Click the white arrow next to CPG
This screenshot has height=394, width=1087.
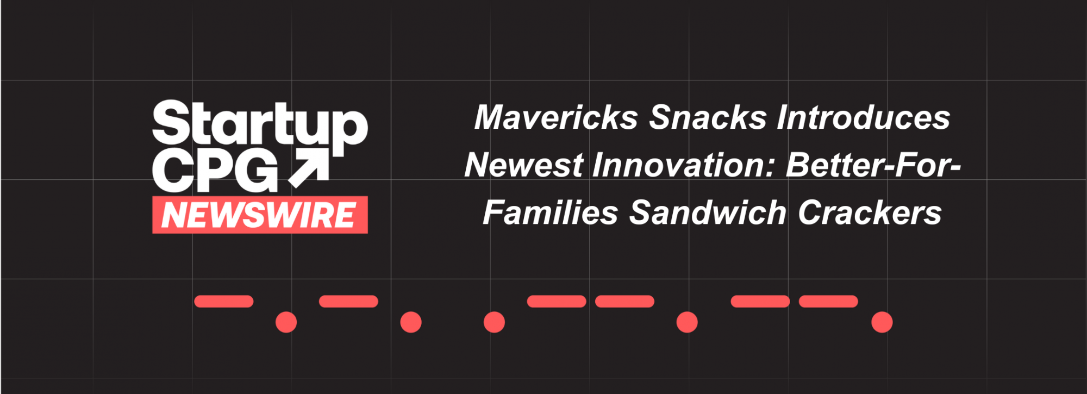pyautogui.click(x=309, y=168)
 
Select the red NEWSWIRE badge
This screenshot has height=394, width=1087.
pyautogui.click(x=260, y=215)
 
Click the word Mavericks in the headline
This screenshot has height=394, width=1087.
pyautogui.click(x=556, y=117)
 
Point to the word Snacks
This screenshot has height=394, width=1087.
pyautogui.click(x=708, y=117)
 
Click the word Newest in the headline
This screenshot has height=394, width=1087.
pyautogui.click(x=524, y=165)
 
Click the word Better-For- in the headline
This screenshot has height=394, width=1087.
pyautogui.click(x=873, y=165)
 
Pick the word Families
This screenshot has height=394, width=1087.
pyautogui.click(x=551, y=212)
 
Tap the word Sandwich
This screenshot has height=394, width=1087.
pyautogui.click(x=708, y=212)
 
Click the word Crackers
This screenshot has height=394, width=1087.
pyautogui.click(x=870, y=212)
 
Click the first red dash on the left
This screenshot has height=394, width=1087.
pyautogui.click(x=224, y=302)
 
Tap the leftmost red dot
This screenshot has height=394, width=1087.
pyautogui.click(x=286, y=322)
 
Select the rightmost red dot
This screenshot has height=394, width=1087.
pyautogui.click(x=882, y=322)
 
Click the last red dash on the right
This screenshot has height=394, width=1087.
pyautogui.click(x=828, y=302)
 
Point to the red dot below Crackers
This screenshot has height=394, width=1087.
pyautogui.click(x=882, y=322)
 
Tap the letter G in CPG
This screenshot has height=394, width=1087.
pyautogui.click(x=259, y=171)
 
